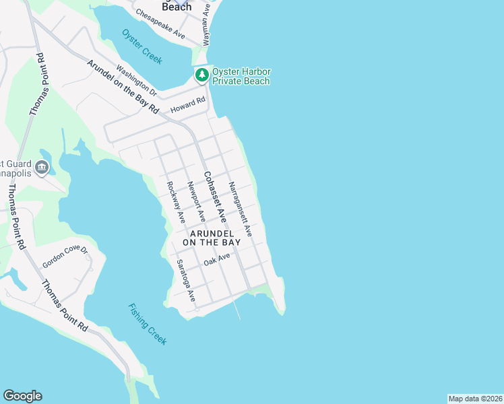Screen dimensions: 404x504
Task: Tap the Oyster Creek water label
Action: click(142, 46)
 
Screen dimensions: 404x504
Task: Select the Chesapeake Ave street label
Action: click(160, 23)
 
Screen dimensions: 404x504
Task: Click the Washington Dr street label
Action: click(135, 79)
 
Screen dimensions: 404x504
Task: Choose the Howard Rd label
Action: click(187, 105)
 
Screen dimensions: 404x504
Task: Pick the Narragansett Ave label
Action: click(239, 209)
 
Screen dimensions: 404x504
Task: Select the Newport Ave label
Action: click(196, 202)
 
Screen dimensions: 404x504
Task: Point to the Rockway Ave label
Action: click(176, 202)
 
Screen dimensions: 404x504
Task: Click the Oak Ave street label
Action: click(218, 259)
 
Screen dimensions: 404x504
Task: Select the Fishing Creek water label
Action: click(147, 324)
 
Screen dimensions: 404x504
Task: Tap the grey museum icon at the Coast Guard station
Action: click(42, 167)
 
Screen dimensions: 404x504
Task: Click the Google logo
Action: click(22, 396)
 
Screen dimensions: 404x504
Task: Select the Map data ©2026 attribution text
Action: click(475, 398)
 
